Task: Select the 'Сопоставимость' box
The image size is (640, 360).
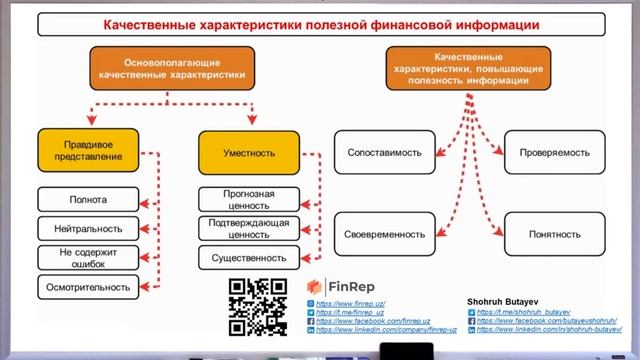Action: click(384, 153)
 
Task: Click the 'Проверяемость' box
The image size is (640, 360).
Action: click(553, 153)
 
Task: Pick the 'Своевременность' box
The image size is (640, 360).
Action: click(384, 234)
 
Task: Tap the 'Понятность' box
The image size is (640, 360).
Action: click(553, 234)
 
